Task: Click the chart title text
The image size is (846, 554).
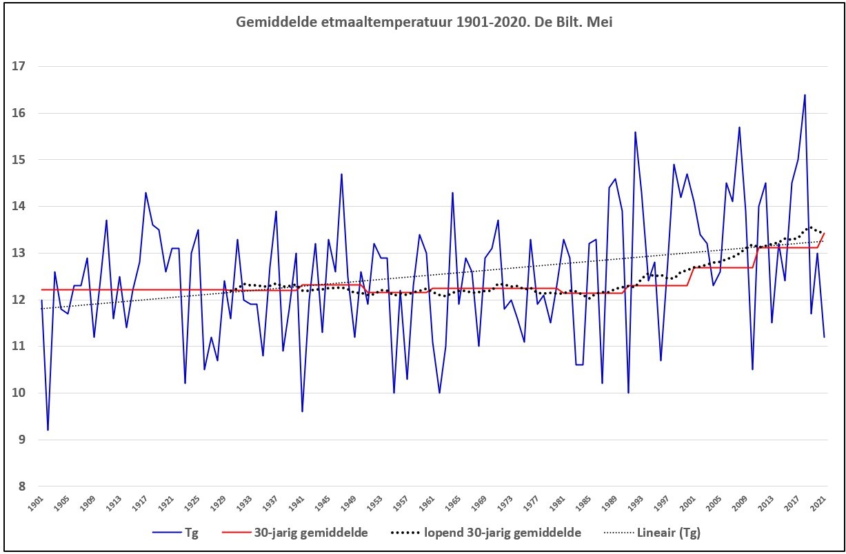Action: point(424,22)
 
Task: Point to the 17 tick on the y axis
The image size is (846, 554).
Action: point(19,66)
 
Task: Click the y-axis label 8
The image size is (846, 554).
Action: point(22,486)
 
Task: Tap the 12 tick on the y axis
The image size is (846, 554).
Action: point(19,300)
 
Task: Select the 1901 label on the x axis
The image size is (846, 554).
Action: point(37,504)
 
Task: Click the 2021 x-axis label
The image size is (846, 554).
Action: point(818,504)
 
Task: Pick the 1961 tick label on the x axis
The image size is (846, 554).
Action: point(427,504)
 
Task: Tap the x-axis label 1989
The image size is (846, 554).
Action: point(610,504)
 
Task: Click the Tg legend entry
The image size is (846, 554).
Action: point(175,533)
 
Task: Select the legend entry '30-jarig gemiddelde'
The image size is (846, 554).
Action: point(295,533)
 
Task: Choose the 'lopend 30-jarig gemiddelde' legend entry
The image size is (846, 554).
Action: point(485,533)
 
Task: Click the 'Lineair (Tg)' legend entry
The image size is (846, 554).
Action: point(652,533)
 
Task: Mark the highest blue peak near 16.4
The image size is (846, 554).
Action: point(805,94)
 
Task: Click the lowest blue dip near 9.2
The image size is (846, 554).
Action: point(48,430)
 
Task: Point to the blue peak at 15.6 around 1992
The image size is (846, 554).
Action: point(635,132)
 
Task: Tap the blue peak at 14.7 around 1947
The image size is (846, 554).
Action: point(341,174)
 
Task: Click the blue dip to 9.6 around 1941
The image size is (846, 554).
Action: point(302,411)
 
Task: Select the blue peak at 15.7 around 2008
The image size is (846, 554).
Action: point(740,127)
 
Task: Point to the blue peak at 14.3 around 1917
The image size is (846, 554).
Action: point(145,193)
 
